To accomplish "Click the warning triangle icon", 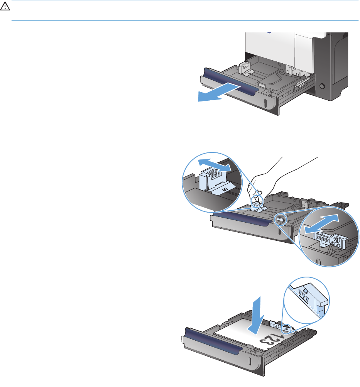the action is (x=5, y=7).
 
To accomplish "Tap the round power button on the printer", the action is (x=322, y=86).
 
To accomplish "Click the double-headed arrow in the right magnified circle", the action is (x=322, y=224).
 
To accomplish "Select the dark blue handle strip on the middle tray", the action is (x=242, y=220).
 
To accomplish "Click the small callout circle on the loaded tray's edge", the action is (x=286, y=329).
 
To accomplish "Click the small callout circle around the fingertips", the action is (x=257, y=200).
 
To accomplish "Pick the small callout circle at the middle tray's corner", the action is (x=281, y=220).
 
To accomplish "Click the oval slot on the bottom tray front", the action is (x=250, y=361).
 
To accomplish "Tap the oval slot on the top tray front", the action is (x=265, y=103).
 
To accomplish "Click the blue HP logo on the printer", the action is (x=269, y=32).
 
